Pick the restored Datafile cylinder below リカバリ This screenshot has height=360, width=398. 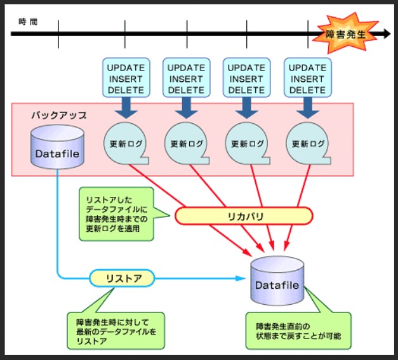277,284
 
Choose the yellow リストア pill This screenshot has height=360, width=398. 123,277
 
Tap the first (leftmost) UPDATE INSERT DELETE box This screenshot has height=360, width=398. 124,78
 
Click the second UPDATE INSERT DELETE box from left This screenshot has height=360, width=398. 185,78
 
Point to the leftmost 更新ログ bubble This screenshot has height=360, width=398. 125,143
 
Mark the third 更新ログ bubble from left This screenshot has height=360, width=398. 247,143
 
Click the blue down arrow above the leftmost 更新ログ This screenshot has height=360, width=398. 124,108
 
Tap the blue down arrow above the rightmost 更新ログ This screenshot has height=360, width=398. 307,108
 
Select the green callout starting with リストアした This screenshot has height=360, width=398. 117,213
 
